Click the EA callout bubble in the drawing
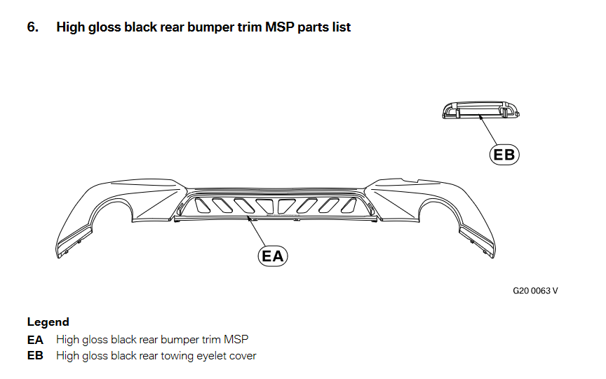pos(273,255)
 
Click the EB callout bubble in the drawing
pos(504,154)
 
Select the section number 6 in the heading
pos(32,27)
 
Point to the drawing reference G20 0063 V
pos(535,290)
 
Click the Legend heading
pos(48,322)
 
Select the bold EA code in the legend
pos(35,340)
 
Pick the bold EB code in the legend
pos(35,356)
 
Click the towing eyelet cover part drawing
pos(480,109)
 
